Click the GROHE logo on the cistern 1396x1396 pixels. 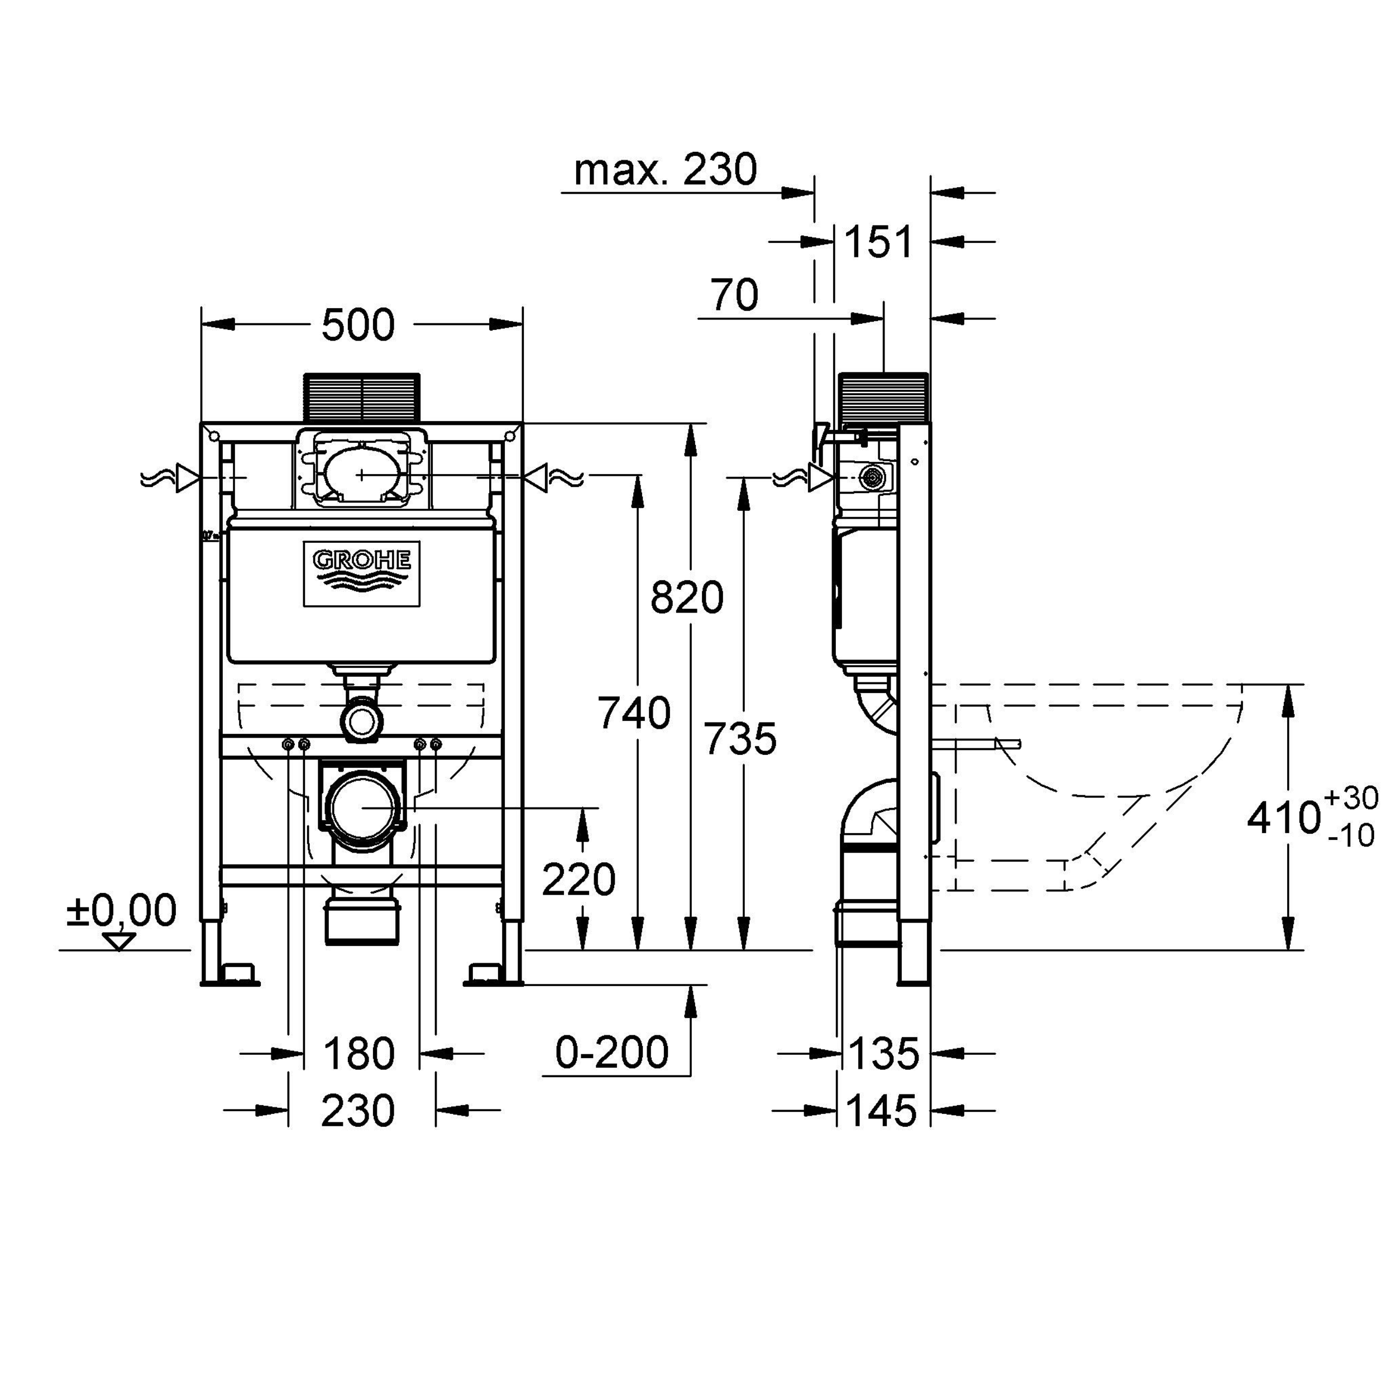point(361,573)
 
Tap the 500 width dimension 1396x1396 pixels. point(358,325)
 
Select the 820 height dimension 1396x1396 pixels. point(686,597)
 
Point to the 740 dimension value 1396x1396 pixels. point(634,713)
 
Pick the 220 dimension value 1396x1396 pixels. point(578,879)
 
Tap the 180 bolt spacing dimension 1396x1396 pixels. point(358,1054)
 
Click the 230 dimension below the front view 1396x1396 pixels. point(358,1110)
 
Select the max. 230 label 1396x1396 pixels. point(666,170)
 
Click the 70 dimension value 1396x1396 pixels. point(734,295)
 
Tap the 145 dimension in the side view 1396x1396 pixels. point(882,1110)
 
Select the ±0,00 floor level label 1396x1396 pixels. point(121,910)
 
